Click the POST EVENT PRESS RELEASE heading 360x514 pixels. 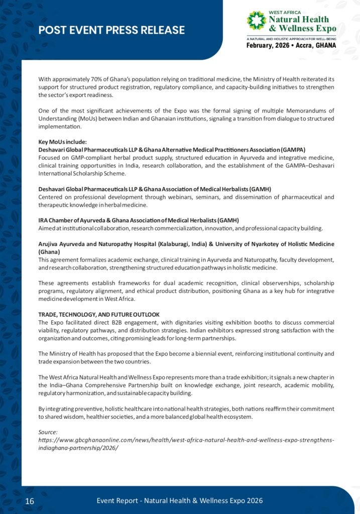[111, 30]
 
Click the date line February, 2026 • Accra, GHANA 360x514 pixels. [291, 46]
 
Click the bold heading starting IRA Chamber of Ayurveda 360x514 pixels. [139, 220]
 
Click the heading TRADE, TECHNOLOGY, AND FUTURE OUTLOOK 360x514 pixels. [99, 314]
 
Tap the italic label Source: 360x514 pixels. [48, 432]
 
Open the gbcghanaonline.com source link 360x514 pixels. [186, 440]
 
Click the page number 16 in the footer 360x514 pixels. [30, 501]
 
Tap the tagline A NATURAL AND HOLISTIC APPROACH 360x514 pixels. [291, 38]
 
